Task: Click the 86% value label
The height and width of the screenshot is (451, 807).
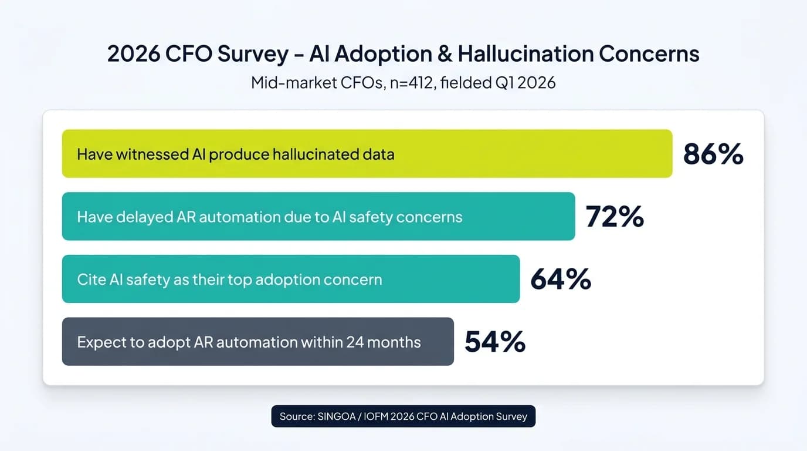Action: [x=713, y=154]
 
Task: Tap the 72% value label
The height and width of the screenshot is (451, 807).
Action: [x=615, y=217]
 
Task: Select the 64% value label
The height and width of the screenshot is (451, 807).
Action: [x=560, y=280]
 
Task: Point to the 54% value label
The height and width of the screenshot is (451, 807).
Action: [x=494, y=342]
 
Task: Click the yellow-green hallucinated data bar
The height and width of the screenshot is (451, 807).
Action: [x=528, y=154]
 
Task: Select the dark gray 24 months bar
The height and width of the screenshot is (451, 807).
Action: [x=437, y=342]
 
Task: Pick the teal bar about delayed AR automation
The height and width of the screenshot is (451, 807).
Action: [x=516, y=216]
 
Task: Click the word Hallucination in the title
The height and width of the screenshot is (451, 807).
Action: [x=525, y=54]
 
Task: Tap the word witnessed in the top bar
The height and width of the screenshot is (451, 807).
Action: [x=152, y=154]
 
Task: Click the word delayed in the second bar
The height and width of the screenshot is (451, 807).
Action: [x=144, y=217]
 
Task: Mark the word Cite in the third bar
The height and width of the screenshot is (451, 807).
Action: [x=91, y=280]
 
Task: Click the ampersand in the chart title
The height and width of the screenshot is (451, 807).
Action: [x=444, y=54]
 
